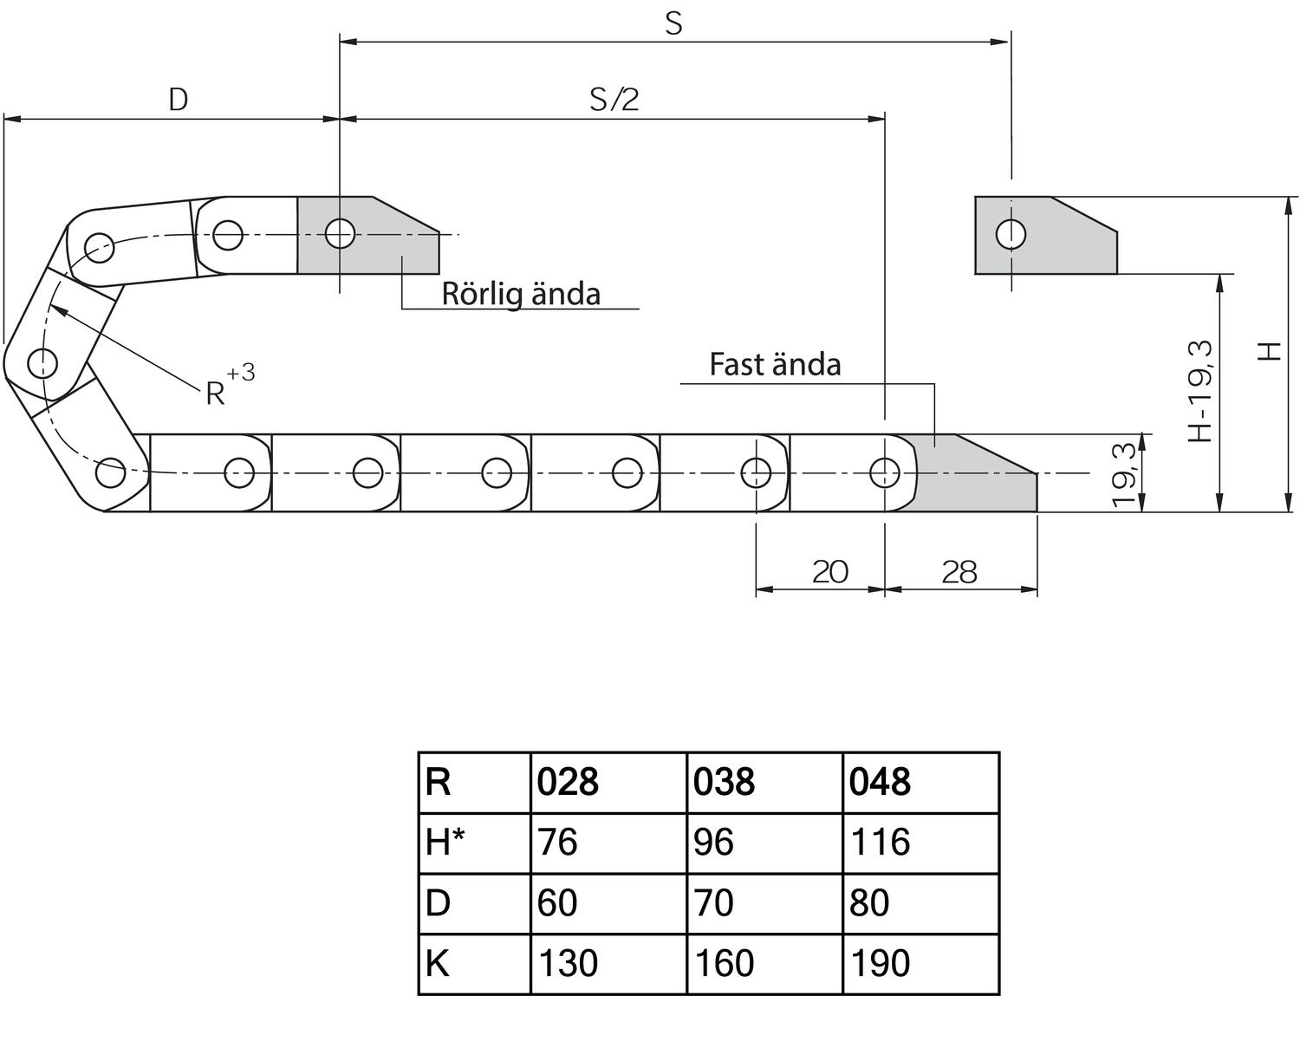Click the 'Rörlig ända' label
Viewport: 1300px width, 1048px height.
coord(521,294)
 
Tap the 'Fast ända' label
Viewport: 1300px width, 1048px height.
coord(775,364)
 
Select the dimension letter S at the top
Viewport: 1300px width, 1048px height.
coord(673,24)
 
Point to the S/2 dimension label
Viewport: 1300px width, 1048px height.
coord(614,100)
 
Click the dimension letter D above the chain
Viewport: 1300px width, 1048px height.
coord(178,100)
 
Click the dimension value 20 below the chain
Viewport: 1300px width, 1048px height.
coord(829,572)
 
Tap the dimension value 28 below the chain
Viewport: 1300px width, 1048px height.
coord(959,572)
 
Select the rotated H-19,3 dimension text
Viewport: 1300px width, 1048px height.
coord(1200,391)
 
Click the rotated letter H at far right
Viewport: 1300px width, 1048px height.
coord(1270,351)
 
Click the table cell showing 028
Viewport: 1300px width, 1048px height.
coord(569,782)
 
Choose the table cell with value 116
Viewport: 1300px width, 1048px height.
coord(880,843)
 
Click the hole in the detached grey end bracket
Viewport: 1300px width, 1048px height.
coord(1011,234)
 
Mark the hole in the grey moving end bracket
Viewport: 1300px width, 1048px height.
coord(340,232)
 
